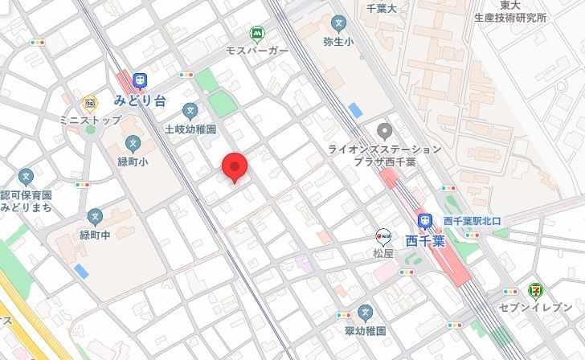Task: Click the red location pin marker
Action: click(x=233, y=166)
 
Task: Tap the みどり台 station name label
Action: click(x=140, y=100)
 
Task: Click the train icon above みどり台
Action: click(x=141, y=80)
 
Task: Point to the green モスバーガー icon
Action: click(x=257, y=34)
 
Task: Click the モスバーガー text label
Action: click(x=257, y=51)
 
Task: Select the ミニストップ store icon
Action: click(x=89, y=103)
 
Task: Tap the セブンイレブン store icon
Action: click(x=534, y=290)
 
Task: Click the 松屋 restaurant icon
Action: click(x=383, y=235)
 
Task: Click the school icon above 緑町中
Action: click(x=96, y=216)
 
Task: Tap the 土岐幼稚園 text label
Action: click(x=190, y=129)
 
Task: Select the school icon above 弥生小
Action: click(x=339, y=22)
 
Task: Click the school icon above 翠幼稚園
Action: click(x=366, y=312)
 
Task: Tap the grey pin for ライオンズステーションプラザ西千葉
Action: click(x=385, y=130)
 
